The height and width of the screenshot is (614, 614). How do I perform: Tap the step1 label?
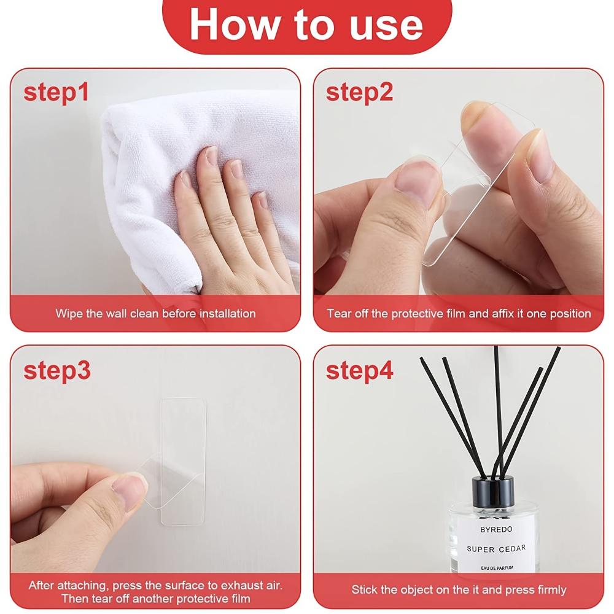coord(56,92)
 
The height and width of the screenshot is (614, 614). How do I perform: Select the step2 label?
coord(359,92)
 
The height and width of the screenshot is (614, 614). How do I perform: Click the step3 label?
coord(57,371)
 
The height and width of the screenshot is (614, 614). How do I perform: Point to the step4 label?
coord(360,371)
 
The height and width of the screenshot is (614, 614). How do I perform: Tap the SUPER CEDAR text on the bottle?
coord(496,548)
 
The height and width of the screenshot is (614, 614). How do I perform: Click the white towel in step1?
coord(141,160)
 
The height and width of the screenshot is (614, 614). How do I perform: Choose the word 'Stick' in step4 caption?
coord(365,589)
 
